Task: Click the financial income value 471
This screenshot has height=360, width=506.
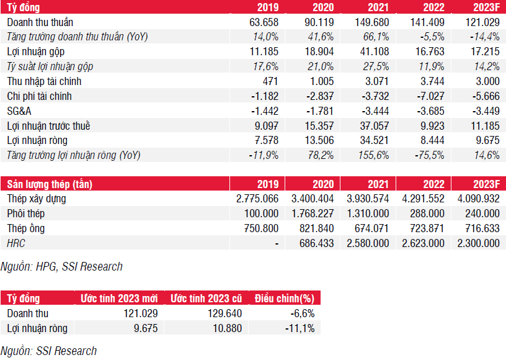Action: [269, 81]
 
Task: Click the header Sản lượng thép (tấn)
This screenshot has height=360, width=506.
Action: [48, 184]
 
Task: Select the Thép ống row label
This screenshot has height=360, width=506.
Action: [26, 228]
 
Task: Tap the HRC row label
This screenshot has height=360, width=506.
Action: [16, 243]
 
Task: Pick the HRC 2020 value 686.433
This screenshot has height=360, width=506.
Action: [317, 243]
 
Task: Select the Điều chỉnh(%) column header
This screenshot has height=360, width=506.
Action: [285, 299]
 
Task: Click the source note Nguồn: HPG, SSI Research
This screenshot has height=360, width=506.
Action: [61, 266]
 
